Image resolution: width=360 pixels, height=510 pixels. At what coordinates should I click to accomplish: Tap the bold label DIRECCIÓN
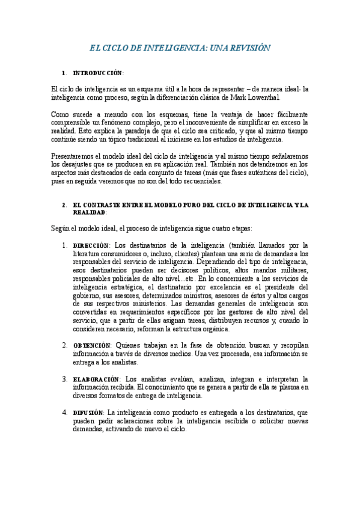(x=91, y=245)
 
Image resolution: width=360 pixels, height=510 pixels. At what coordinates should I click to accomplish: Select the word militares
(x=291, y=271)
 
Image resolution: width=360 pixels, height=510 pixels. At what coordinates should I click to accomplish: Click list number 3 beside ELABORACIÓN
(x=65, y=379)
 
